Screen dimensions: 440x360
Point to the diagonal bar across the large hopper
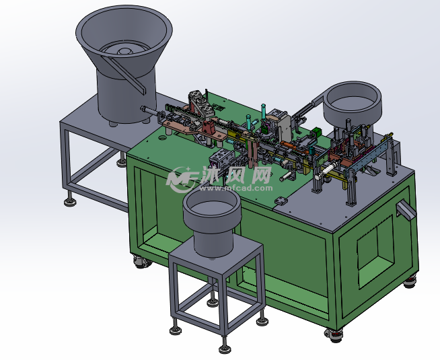click(124, 75)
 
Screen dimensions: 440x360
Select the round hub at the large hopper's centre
click(124, 51)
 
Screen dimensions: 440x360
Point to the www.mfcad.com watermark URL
click(235, 188)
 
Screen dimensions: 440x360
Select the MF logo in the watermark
click(182, 179)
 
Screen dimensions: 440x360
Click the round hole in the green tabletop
click(162, 138)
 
